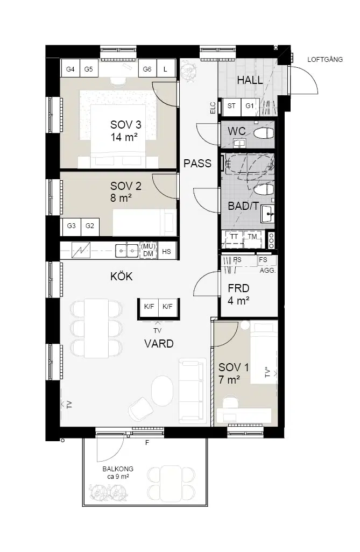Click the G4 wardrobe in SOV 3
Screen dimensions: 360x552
tap(70, 69)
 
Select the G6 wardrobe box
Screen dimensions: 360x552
tap(147, 69)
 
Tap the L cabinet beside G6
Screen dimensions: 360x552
tap(166, 69)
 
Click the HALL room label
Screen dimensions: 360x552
tap(250, 80)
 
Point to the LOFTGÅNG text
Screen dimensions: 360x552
tap(325, 60)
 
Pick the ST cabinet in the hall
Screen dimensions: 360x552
tap(231, 105)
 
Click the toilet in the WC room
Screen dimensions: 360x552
tap(264, 134)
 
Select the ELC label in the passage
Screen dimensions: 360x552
tap(213, 108)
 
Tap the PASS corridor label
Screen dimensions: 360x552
tap(197, 164)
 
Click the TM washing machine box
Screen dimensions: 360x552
tap(252, 239)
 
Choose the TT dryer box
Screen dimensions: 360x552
tap(234, 239)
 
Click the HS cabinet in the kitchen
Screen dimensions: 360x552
tap(167, 251)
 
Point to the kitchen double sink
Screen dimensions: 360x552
tap(127, 251)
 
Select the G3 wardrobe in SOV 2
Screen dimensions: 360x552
tap(71, 227)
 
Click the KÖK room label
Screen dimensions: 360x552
tap(122, 277)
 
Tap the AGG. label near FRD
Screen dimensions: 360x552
tap(267, 271)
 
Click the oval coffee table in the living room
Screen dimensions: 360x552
tap(162, 391)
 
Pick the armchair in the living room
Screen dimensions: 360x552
tap(141, 409)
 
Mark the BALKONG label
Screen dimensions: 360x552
tap(118, 469)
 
